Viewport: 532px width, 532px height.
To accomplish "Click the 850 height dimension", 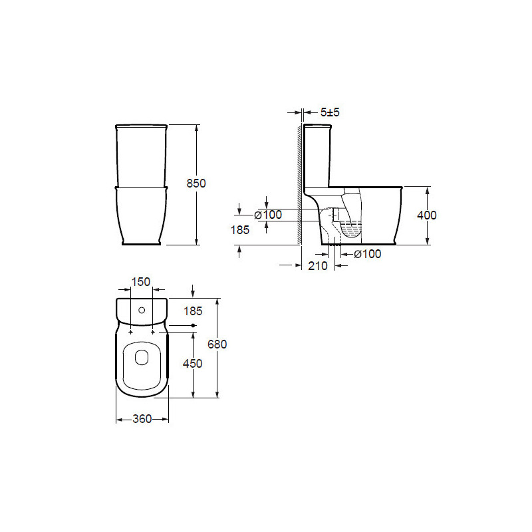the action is [x=196, y=184].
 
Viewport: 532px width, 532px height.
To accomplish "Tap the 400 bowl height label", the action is [x=426, y=215].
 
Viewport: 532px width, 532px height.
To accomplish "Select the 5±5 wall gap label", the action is [x=330, y=112].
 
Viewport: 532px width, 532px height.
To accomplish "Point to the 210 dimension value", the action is [x=318, y=265].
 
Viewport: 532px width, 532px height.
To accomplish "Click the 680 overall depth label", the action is [x=217, y=344].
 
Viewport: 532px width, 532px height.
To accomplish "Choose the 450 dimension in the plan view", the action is [x=192, y=364].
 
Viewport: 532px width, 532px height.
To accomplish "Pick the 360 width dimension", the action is [x=142, y=419].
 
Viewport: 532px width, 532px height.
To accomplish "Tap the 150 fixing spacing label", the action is [x=141, y=281].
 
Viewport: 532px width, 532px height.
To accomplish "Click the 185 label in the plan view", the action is [x=193, y=311].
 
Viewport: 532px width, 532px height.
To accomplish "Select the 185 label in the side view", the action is [x=240, y=230].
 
